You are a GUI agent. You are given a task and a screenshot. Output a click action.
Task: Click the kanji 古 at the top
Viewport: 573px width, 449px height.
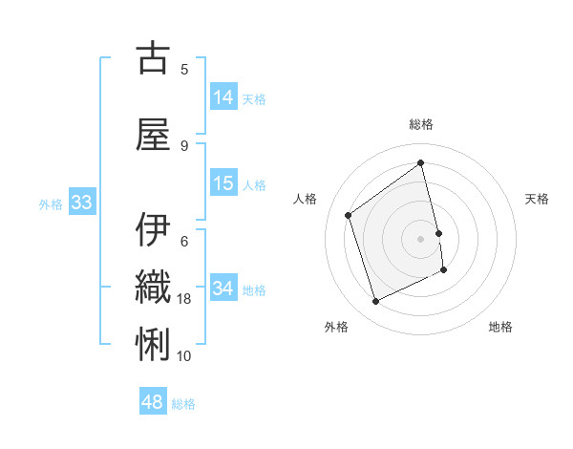(x=152, y=59)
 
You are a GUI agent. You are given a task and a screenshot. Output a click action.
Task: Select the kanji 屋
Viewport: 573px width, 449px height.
(x=152, y=136)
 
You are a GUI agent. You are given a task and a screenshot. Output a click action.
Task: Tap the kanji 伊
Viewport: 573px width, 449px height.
(x=152, y=230)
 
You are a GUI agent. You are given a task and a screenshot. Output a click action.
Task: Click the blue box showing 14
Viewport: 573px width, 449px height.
(x=223, y=96)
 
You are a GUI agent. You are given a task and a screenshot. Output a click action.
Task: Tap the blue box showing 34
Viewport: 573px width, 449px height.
(x=223, y=288)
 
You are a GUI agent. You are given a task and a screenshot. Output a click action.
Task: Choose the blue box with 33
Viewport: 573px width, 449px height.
(x=81, y=203)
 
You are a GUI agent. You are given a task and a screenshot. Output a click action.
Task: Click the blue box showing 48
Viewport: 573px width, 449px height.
(x=153, y=402)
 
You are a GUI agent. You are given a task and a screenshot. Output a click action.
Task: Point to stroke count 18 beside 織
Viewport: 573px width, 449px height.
(x=185, y=299)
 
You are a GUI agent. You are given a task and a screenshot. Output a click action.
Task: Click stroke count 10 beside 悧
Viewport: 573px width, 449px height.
(x=185, y=356)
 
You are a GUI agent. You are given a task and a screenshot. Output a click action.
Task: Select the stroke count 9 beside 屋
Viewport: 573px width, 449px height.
(x=184, y=146)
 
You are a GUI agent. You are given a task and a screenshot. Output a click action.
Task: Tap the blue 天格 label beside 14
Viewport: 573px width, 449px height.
(x=254, y=98)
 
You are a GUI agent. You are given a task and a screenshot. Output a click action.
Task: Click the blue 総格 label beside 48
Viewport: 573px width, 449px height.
(x=183, y=404)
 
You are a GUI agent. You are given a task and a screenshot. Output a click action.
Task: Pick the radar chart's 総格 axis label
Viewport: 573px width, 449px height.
(x=421, y=124)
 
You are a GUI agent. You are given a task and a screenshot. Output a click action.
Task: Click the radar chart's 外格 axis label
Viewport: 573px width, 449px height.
(x=336, y=327)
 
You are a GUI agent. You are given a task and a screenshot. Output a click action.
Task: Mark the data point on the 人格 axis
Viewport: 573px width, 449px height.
(x=349, y=215)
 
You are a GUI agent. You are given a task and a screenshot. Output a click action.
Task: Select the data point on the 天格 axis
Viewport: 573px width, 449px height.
(x=438, y=233)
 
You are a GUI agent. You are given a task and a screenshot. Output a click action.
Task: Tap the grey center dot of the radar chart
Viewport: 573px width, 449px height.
(x=421, y=239)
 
